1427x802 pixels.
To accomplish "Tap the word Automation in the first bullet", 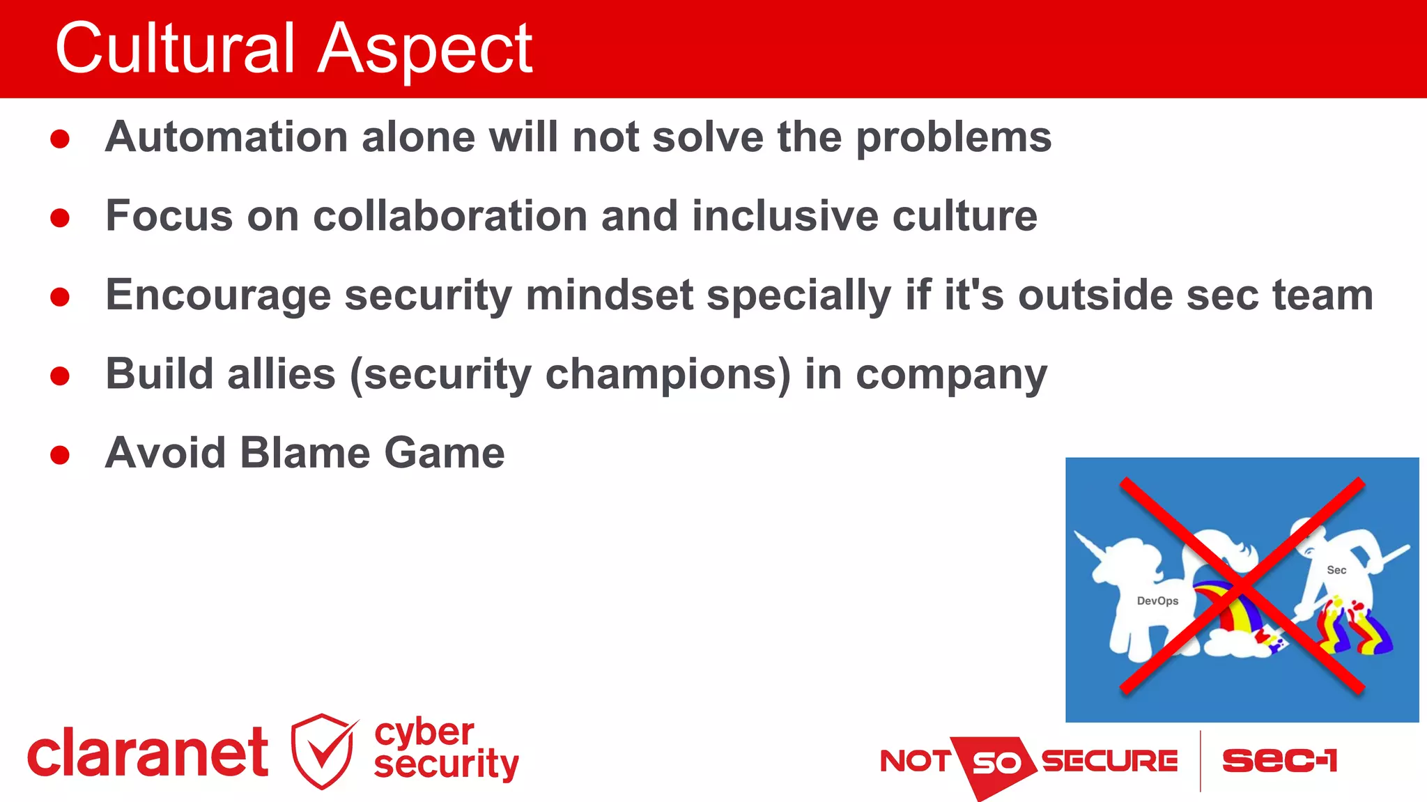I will tap(226, 137).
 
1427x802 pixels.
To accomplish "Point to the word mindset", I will tap(609, 295).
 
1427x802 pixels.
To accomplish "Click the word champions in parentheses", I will tap(667, 375).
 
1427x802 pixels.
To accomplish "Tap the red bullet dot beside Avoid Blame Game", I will tap(60, 455).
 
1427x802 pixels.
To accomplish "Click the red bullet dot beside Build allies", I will tap(60, 376).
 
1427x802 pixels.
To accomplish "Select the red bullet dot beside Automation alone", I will tap(60, 139).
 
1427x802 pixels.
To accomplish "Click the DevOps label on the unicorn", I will tap(1157, 601).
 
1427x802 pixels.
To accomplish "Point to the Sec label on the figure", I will tap(1336, 570).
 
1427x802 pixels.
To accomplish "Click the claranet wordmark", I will tap(147, 753).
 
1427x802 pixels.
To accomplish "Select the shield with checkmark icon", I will tap(323, 751).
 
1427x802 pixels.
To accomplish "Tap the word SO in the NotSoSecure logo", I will tap(996, 764).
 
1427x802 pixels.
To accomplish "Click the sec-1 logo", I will tap(1279, 760).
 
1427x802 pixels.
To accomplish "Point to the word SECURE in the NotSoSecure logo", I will tap(1109, 761).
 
